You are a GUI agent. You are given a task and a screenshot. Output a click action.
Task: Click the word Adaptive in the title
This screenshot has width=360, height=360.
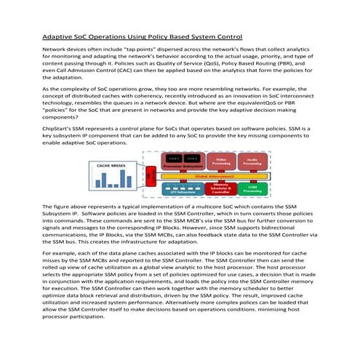58,36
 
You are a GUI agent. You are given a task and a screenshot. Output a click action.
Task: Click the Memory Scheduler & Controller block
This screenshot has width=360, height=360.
224,189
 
